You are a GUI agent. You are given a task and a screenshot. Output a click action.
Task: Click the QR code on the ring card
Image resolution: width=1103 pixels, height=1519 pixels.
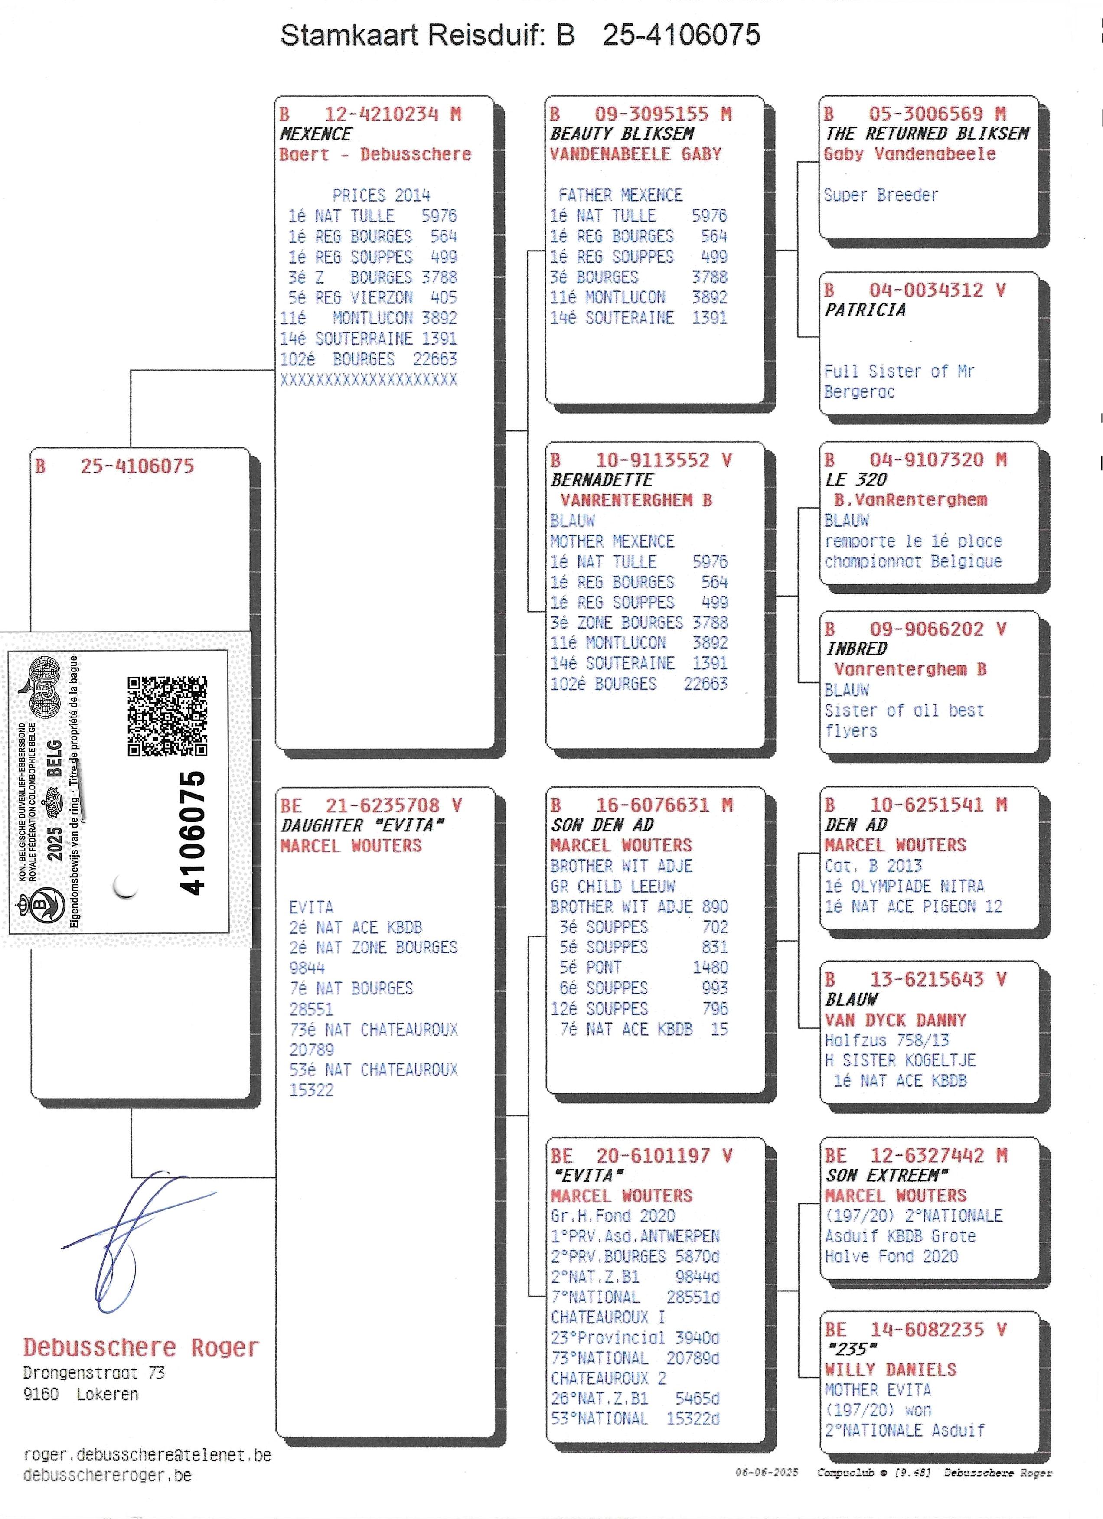pos(167,716)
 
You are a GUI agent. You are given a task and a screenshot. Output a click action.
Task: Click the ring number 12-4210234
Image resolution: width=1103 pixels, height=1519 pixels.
pos(382,114)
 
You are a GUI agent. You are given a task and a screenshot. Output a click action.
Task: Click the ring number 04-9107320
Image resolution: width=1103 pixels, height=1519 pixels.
pos(927,460)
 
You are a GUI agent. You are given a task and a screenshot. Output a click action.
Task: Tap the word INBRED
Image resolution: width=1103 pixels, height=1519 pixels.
pos(857,649)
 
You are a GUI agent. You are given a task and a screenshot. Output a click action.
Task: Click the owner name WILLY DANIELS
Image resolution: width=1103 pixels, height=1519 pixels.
pos(891,1369)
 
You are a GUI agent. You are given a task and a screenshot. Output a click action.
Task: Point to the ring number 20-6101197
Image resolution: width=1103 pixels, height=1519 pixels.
pos(653,1155)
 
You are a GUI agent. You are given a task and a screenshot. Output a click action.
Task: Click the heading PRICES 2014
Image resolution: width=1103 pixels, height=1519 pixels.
pos(381,196)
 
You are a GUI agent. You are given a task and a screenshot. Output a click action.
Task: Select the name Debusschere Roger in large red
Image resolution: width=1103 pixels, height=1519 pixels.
pos(140,1347)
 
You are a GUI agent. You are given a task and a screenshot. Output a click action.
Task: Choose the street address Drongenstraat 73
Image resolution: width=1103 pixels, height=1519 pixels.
pos(94,1373)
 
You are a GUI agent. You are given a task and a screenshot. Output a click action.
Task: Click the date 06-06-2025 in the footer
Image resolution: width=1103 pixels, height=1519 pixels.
pos(767,1472)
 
